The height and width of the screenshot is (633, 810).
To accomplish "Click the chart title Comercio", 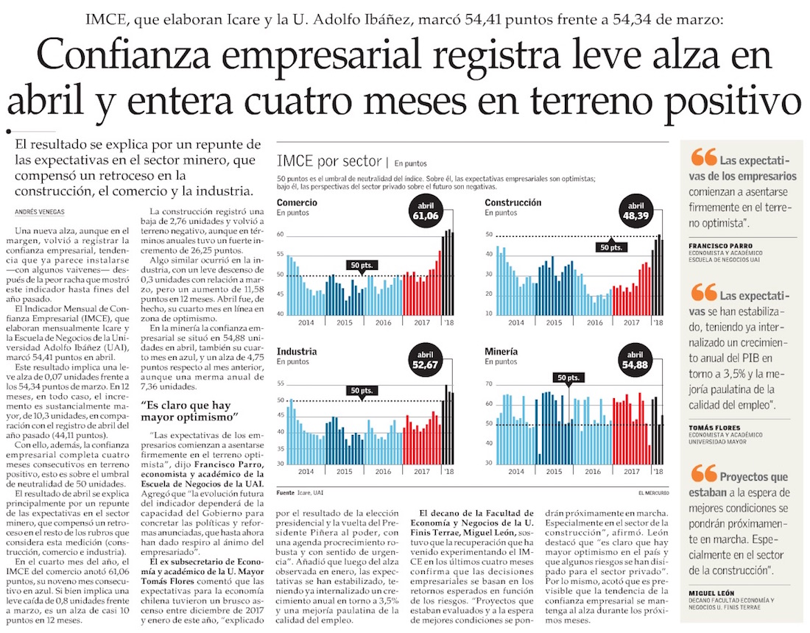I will pyautogui.click(x=297, y=202).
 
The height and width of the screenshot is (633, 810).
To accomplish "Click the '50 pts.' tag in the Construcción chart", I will pyautogui.click(x=611, y=247).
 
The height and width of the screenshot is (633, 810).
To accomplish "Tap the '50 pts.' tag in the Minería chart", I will pyautogui.click(x=568, y=378).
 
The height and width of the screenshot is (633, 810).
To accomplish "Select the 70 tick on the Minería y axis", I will pyautogui.click(x=489, y=384).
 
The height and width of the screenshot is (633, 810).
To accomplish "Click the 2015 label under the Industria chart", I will pyautogui.click(x=345, y=470).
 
